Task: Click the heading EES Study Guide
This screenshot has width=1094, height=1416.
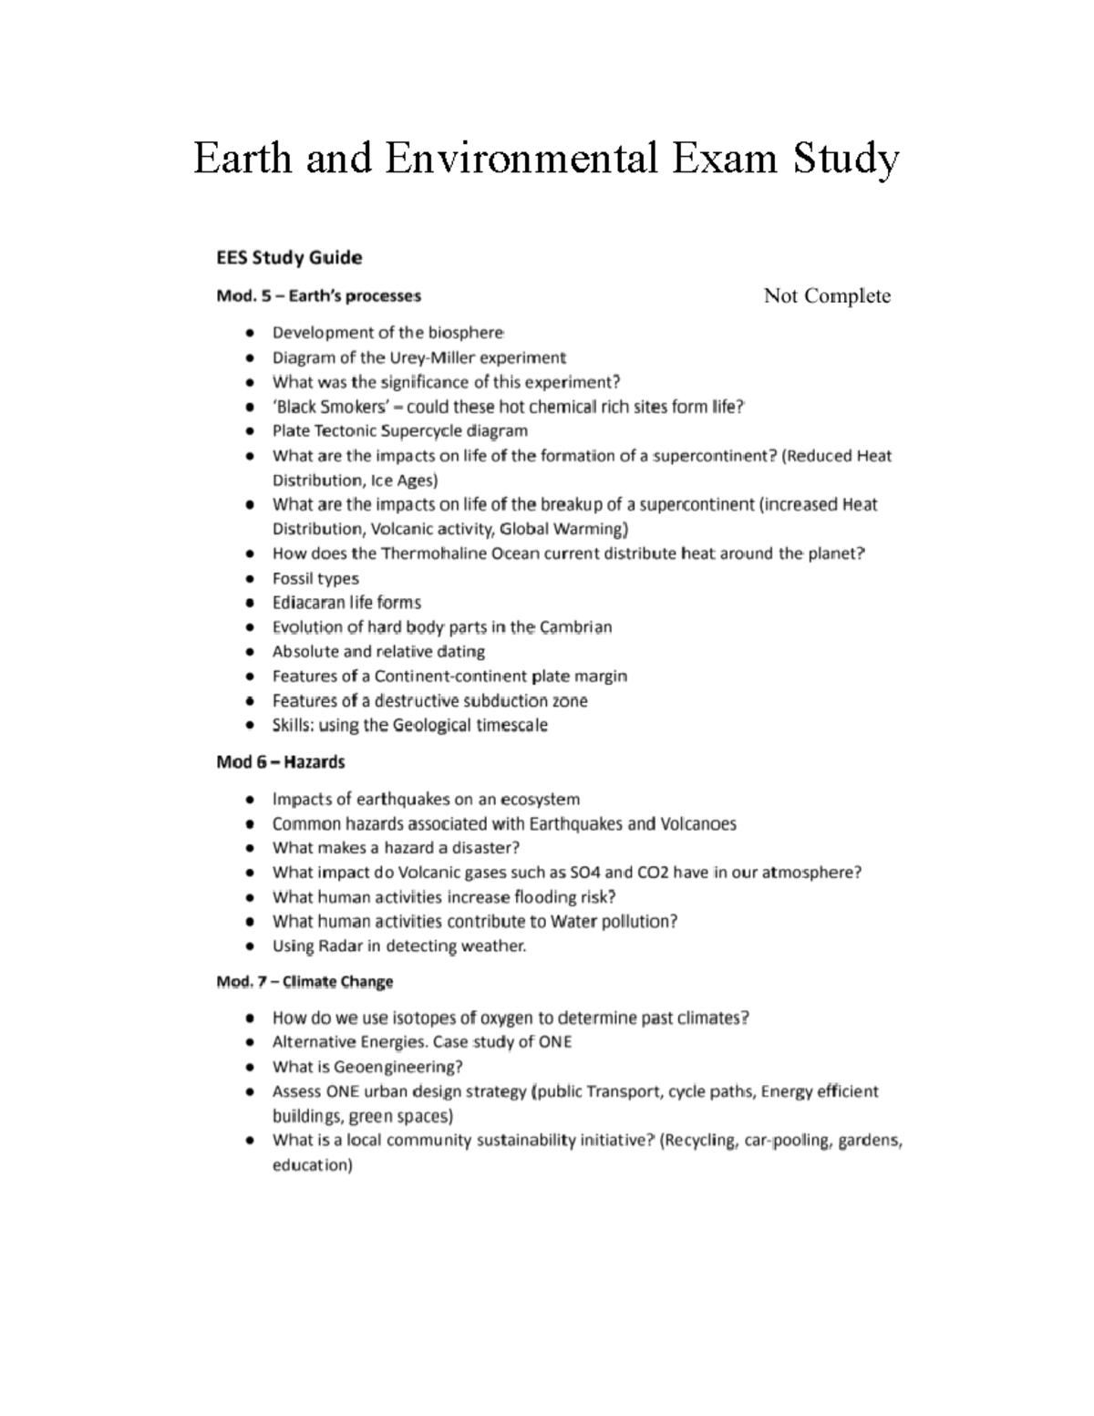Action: pyautogui.click(x=289, y=257)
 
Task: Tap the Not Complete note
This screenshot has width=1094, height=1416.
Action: pyautogui.click(x=827, y=295)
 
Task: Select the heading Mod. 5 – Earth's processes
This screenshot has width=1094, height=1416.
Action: pyautogui.click(x=318, y=295)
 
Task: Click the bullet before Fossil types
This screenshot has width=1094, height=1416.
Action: pyautogui.click(x=250, y=579)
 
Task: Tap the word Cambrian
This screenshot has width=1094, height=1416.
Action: pyautogui.click(x=575, y=627)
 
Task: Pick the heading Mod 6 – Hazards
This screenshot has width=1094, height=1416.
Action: pyautogui.click(x=280, y=761)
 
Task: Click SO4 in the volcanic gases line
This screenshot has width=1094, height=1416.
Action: pyautogui.click(x=585, y=873)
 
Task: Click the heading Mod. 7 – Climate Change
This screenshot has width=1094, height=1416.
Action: pyautogui.click(x=304, y=982)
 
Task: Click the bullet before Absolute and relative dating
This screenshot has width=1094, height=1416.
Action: pyautogui.click(x=250, y=652)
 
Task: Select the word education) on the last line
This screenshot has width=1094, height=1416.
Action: pyautogui.click(x=312, y=1165)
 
